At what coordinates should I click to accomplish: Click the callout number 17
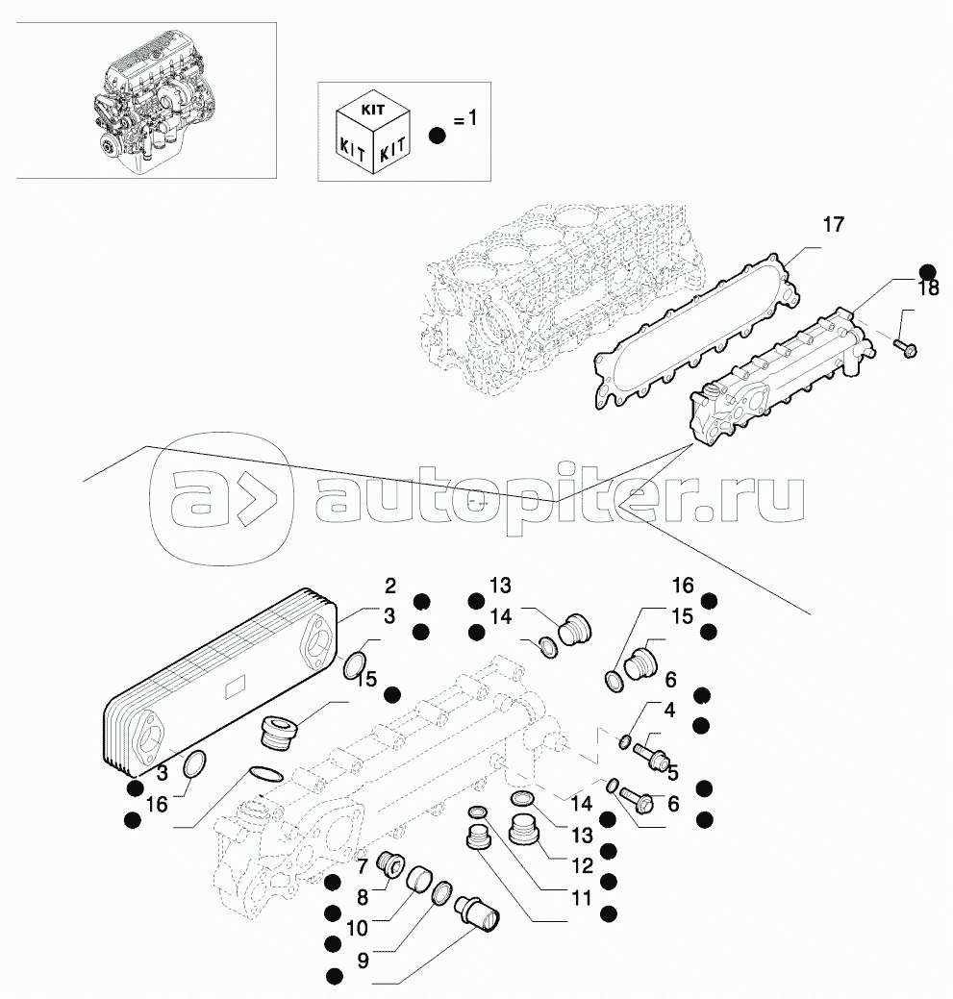pyautogui.click(x=833, y=225)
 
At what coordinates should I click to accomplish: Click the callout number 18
pyautogui.click(x=927, y=289)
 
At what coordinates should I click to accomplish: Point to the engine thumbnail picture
pyautogui.click(x=146, y=100)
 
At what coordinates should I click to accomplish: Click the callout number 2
pyautogui.click(x=390, y=586)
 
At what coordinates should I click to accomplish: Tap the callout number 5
pyautogui.click(x=672, y=772)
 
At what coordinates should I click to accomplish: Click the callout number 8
pyautogui.click(x=363, y=898)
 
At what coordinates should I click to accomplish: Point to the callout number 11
pyautogui.click(x=580, y=900)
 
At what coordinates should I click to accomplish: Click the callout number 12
pyautogui.click(x=581, y=866)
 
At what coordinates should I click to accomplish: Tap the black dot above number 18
pyautogui.click(x=927, y=271)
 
